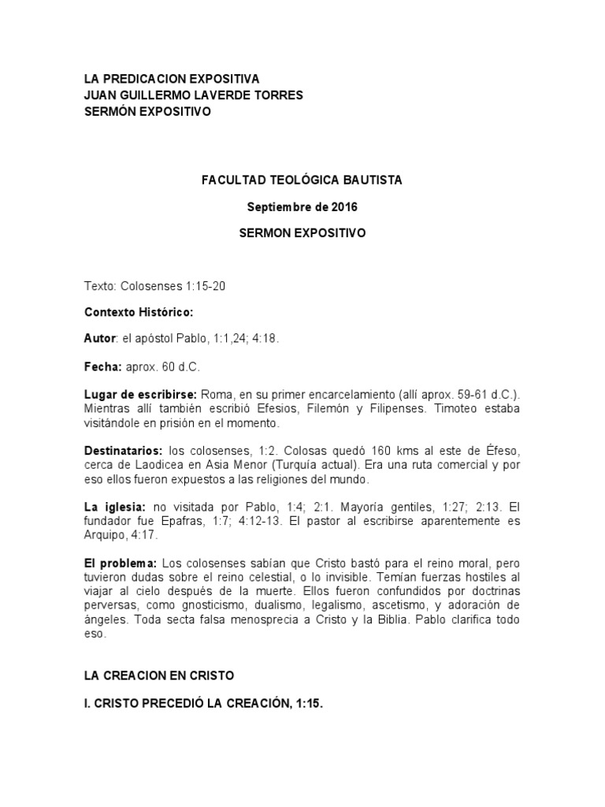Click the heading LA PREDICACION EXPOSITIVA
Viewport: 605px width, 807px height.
click(x=171, y=80)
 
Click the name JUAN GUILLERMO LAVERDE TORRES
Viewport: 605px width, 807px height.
click(x=193, y=95)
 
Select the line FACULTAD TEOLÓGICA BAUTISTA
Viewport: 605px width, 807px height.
click(x=302, y=180)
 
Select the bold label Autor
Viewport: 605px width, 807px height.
click(x=99, y=338)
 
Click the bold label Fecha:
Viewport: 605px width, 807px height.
click(x=102, y=367)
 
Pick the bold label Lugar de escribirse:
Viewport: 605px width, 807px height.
click(x=141, y=394)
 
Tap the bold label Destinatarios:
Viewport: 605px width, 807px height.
click(x=123, y=450)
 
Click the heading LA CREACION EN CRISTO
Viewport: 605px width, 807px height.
click(x=159, y=675)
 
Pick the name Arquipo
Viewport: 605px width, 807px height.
click(x=105, y=535)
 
